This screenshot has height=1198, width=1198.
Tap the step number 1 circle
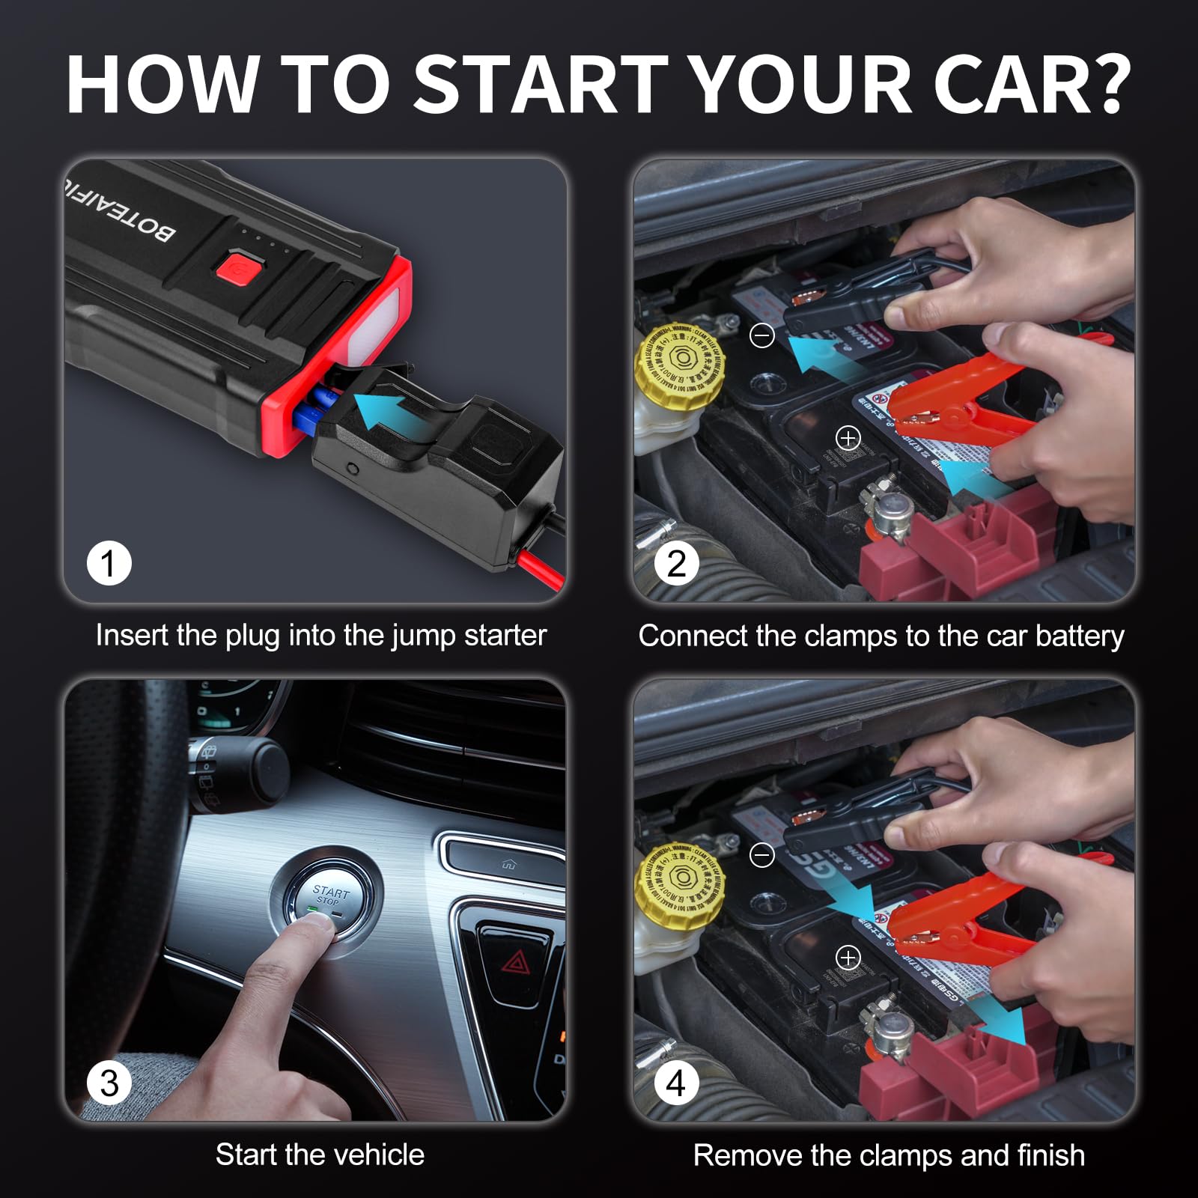point(109,563)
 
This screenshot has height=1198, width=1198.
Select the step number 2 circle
point(676,563)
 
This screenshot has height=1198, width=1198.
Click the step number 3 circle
point(109,1083)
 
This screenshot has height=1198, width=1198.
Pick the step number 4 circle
point(676,1083)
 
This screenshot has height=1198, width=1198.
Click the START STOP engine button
point(330,896)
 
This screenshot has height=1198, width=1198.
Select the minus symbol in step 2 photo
point(762,335)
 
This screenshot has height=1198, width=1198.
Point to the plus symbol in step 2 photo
point(848,438)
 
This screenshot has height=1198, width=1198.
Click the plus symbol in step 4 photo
point(848,958)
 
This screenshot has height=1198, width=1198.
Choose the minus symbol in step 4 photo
point(762,855)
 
